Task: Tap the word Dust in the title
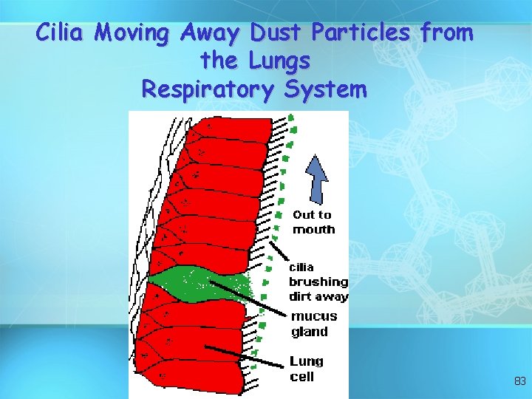277,33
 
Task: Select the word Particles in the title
362,33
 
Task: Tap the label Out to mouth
313,222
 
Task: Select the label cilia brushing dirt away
318,282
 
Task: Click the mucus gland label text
314,324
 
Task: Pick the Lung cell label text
306,369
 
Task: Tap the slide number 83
519,381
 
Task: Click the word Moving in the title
132,33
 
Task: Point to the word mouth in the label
313,230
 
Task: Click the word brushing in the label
318,282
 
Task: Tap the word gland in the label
310,332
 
